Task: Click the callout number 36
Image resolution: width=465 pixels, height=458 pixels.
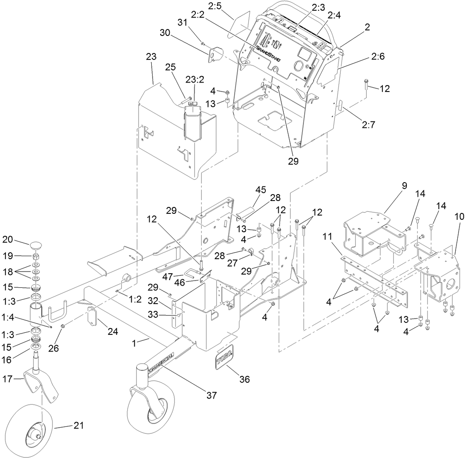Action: (244, 379)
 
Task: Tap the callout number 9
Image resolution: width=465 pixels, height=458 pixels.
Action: (404, 186)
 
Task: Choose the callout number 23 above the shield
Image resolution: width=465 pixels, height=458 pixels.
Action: (151, 57)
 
